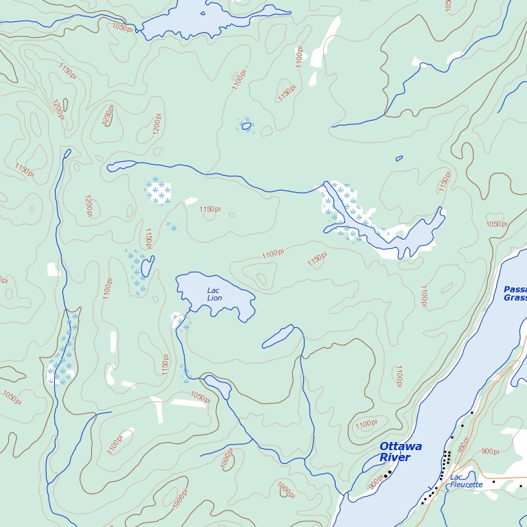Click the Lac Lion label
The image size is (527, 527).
[215, 294]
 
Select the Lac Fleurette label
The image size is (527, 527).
[467, 480]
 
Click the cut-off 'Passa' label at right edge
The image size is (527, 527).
[515, 293]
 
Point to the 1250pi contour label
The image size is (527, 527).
[108, 115]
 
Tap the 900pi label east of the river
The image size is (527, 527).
[490, 452]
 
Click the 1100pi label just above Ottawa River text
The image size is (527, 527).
[366, 423]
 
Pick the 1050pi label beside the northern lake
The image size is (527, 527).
[122, 27]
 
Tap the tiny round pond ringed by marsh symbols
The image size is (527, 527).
[246, 126]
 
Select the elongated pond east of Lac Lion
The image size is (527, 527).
[278, 336]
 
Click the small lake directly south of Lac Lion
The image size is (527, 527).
[218, 386]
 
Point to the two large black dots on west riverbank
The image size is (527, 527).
[388, 473]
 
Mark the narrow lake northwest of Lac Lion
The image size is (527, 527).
[147, 266]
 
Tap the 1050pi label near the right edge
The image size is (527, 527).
[496, 224]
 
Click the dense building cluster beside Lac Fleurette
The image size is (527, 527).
[446, 456]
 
